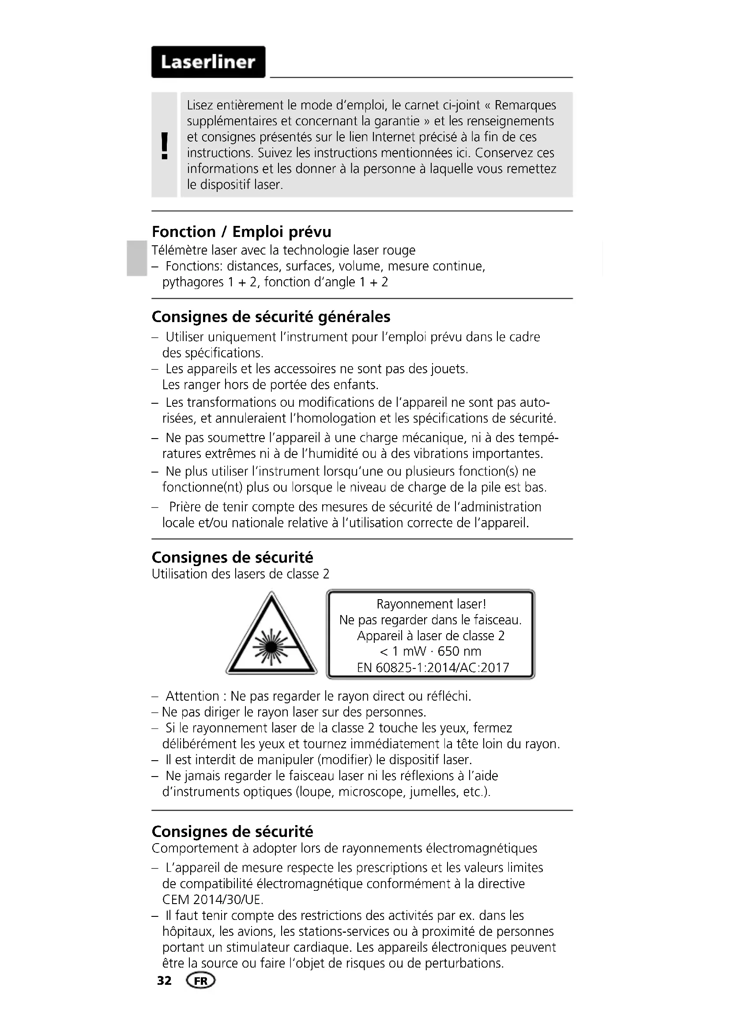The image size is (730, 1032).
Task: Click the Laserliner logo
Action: tap(208, 62)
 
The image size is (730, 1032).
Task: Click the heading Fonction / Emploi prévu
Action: tap(241, 232)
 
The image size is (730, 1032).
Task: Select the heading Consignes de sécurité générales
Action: tap(271, 317)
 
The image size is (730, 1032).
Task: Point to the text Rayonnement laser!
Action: tap(431, 604)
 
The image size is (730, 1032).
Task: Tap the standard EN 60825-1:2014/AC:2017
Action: tap(433, 668)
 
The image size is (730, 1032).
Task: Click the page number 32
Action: tap(164, 981)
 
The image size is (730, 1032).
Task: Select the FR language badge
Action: tap(201, 981)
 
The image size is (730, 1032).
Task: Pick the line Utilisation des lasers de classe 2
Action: tap(241, 574)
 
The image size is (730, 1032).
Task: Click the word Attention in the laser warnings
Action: tap(192, 696)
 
